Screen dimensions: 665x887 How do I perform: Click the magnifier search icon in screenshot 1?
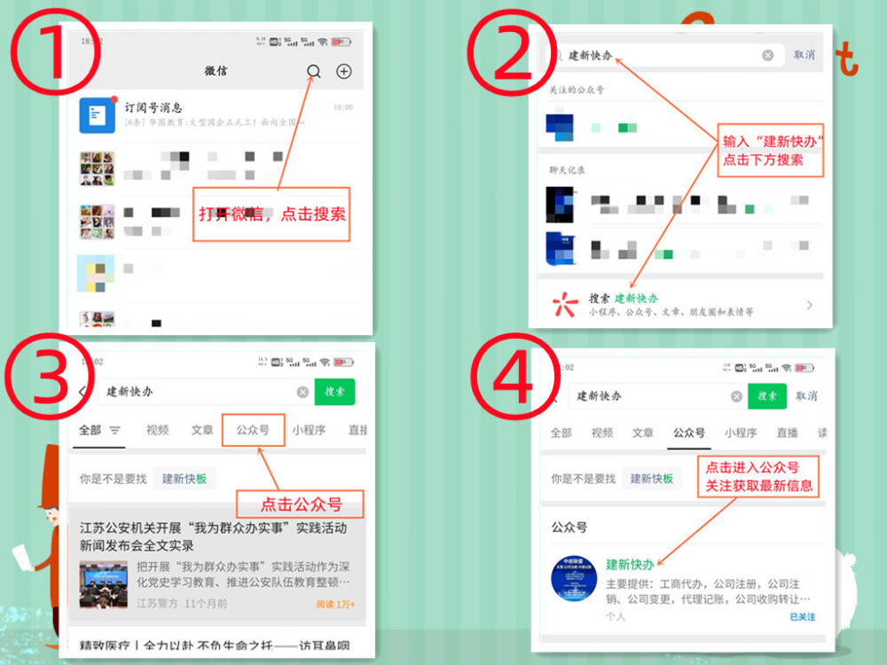point(313,72)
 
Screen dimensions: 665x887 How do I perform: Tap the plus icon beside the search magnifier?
point(344,72)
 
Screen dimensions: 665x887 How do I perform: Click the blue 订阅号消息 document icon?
point(97,115)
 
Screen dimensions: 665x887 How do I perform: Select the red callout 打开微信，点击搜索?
point(271,214)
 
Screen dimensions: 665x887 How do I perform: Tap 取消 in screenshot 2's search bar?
point(805,55)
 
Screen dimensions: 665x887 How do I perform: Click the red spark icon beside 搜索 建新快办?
point(565,305)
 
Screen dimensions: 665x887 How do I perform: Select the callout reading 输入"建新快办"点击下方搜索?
point(769,150)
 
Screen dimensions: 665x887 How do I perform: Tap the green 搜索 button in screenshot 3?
point(334,391)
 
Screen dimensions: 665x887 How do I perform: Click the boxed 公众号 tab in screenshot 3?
point(253,430)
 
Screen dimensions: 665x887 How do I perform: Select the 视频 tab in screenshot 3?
point(158,430)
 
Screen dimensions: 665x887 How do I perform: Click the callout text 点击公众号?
point(301,505)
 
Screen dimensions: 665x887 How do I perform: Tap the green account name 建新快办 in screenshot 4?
point(630,565)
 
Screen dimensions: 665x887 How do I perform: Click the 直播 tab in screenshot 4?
point(787,433)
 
